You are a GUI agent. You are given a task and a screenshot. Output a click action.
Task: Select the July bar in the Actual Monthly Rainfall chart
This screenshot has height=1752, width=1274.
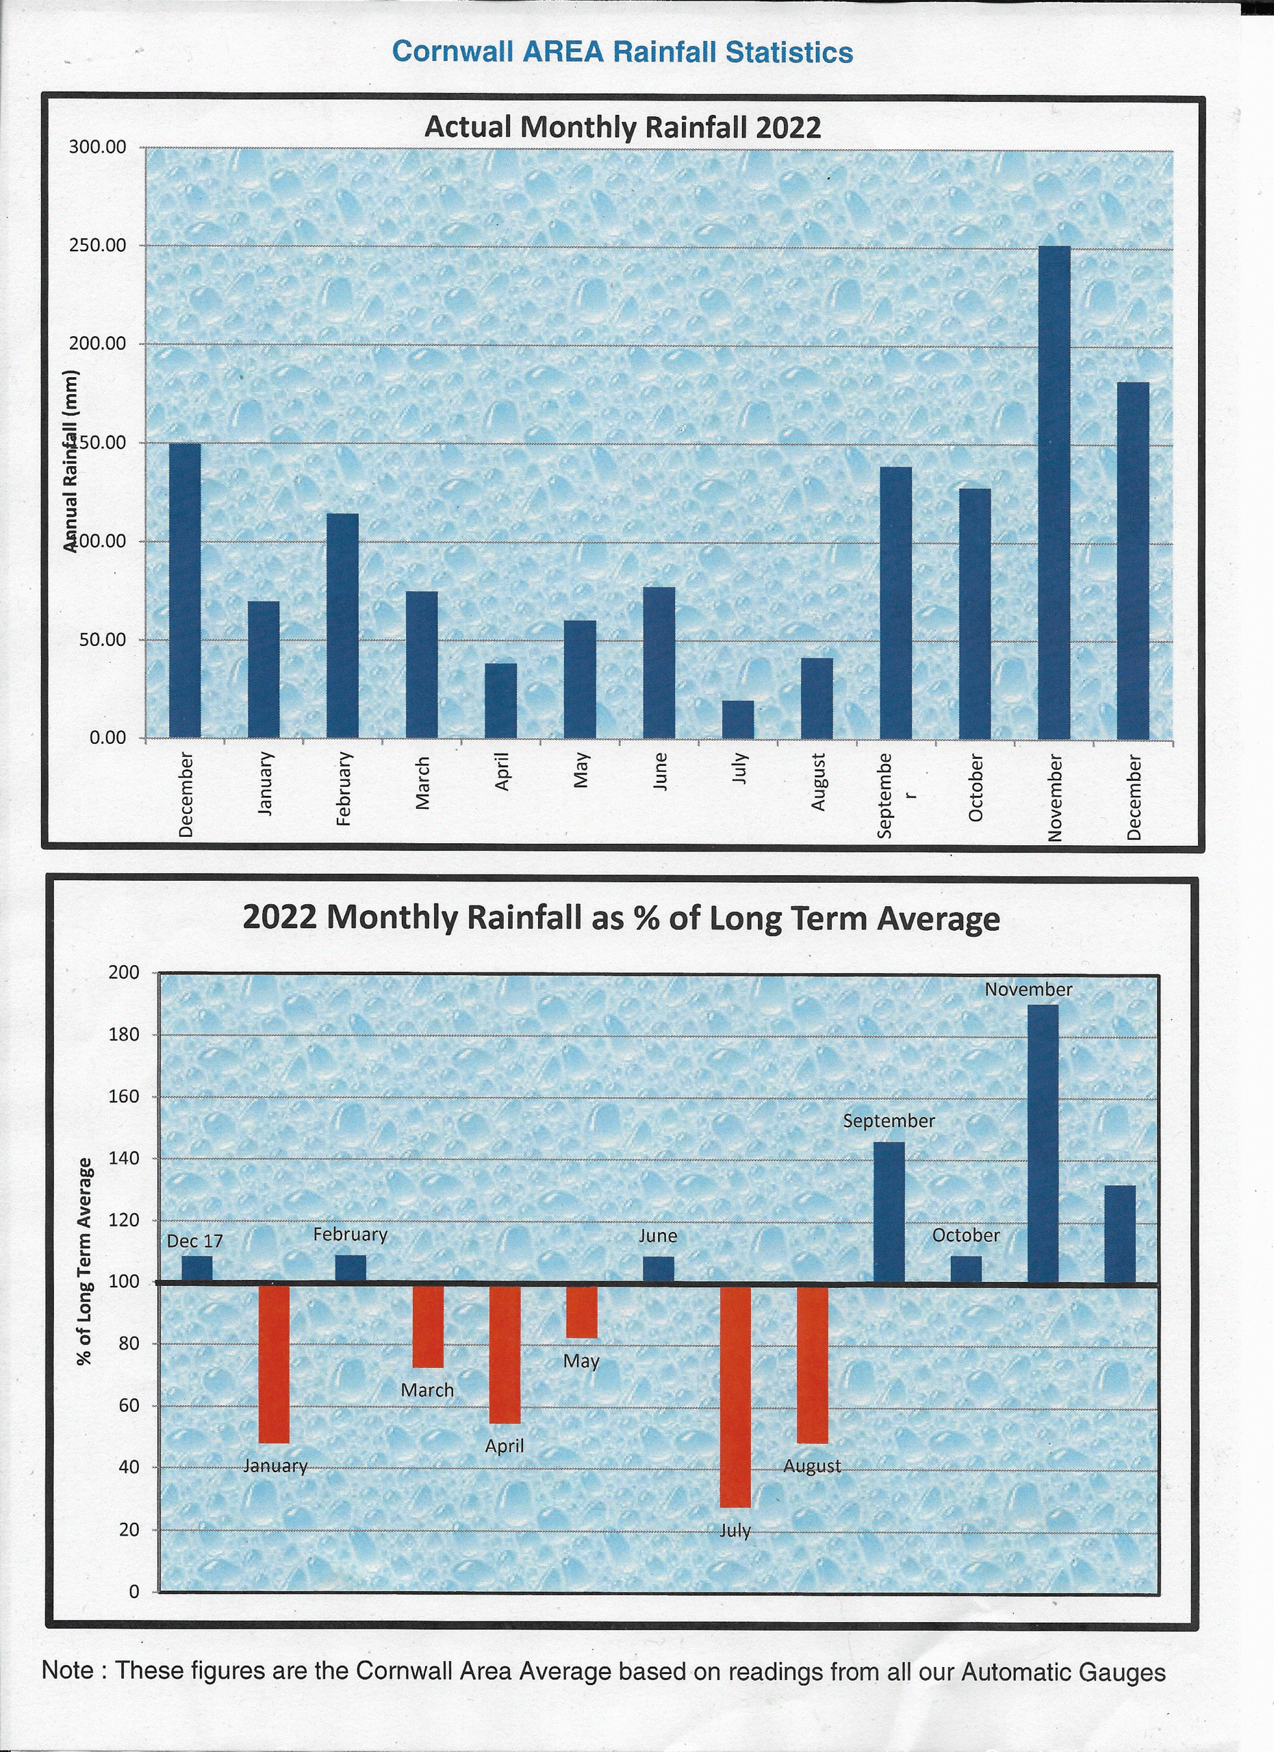coord(738,719)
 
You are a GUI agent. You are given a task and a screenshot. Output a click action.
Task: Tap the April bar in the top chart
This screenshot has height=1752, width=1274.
coord(500,700)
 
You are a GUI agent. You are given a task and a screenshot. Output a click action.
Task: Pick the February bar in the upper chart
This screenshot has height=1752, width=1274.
coord(342,625)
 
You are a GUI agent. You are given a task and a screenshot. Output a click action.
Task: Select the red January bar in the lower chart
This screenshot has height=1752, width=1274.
coord(274,1363)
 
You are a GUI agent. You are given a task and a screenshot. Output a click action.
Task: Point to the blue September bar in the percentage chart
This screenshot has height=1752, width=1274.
coord(889,1213)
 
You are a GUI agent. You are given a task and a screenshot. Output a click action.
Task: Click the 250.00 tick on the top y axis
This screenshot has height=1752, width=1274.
coord(97,246)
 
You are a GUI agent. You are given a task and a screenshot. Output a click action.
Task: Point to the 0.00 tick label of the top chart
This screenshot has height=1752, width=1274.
coord(107,738)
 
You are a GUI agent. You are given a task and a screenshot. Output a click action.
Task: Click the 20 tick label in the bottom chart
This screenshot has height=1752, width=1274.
coord(129,1530)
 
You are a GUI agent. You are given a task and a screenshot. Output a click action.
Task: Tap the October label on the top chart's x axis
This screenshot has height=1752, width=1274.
coord(975,788)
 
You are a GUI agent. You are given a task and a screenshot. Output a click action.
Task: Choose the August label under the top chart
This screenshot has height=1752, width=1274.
coord(817,782)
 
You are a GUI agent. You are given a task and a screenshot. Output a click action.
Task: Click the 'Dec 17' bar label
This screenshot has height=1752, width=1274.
coord(194,1241)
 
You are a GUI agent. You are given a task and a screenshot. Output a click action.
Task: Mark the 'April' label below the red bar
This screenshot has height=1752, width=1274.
coord(505,1446)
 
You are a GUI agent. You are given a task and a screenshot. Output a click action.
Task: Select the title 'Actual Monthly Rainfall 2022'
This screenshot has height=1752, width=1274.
coord(623,127)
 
